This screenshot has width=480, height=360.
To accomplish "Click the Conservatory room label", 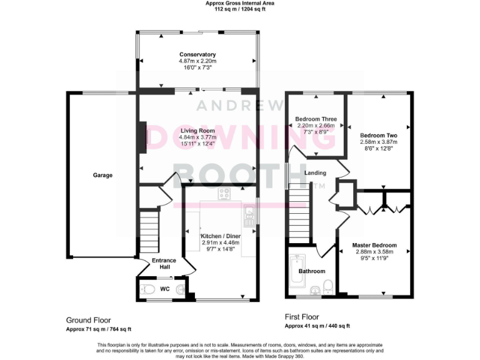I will [197, 54].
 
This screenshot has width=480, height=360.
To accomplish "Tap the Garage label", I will [103, 176].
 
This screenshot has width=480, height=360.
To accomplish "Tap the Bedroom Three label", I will [316, 119].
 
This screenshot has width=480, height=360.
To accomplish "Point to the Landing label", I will [316, 173].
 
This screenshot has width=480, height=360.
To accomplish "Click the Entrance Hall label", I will [164, 263].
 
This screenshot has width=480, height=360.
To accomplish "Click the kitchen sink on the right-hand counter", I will [249, 217].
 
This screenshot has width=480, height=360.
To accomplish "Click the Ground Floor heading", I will [89, 320].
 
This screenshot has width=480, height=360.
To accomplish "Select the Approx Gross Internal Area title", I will [240, 3].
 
